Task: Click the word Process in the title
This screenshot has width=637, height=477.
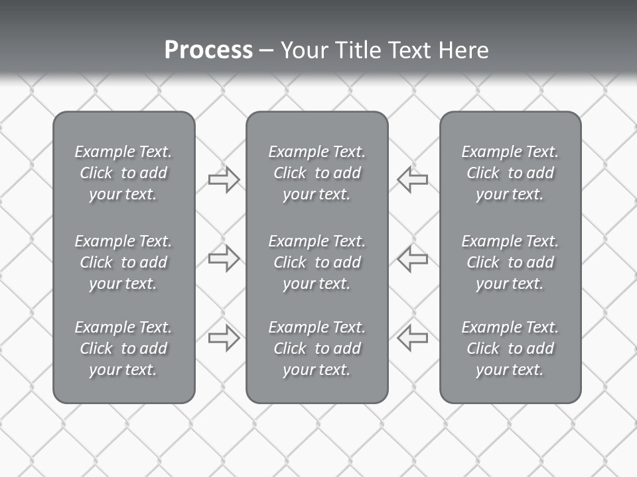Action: point(208,50)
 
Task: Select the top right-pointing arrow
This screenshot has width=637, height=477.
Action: point(224,180)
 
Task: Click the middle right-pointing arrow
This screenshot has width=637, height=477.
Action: point(224,258)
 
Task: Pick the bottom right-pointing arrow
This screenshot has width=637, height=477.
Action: point(224,338)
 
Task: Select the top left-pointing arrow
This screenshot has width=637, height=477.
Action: point(413,180)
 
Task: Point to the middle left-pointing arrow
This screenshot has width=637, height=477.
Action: point(413,258)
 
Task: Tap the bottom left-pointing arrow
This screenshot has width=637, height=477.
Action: point(413,338)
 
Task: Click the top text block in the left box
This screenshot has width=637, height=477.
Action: point(123,173)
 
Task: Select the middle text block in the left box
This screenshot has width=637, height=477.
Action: point(123,262)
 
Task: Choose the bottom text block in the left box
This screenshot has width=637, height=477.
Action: point(123,348)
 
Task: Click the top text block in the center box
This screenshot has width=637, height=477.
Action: point(317,173)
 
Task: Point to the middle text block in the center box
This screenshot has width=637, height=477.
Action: point(317,262)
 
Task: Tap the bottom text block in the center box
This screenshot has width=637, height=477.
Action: point(317,348)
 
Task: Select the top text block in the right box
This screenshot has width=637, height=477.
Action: point(510,173)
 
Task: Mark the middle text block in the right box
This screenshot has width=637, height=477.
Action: point(510,262)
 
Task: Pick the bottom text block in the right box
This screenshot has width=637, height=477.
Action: point(510,348)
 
